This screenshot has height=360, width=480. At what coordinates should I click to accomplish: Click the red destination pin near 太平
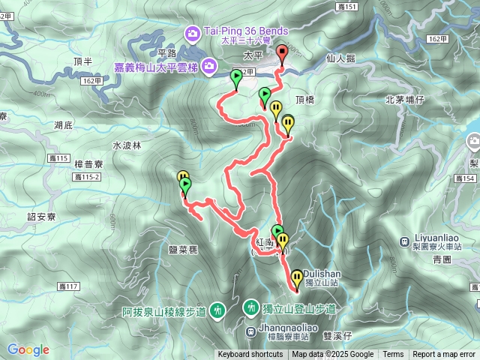click(x=282, y=53)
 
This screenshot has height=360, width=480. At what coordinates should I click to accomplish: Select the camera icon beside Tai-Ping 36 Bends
click(x=193, y=32)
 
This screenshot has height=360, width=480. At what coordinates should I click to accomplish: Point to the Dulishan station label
click(x=323, y=274)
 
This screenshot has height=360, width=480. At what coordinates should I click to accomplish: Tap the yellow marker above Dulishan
click(x=297, y=277)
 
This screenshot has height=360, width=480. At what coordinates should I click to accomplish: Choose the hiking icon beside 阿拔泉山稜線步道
click(x=217, y=308)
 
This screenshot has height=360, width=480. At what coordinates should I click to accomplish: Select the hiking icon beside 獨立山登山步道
click(x=251, y=307)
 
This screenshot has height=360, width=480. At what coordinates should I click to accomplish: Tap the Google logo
click(x=28, y=349)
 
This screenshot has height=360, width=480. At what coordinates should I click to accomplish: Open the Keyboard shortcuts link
click(x=250, y=355)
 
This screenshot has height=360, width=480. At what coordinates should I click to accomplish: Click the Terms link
click(x=393, y=355)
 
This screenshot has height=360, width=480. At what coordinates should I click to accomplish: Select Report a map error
click(x=444, y=355)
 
